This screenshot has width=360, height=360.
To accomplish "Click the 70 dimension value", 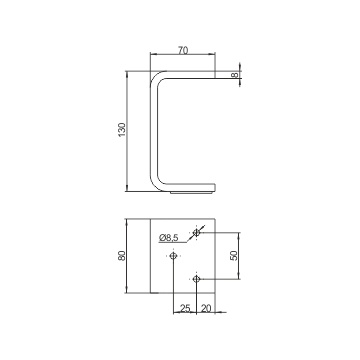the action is click(183, 50).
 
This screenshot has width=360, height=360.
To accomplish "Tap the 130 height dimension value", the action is click(122, 130).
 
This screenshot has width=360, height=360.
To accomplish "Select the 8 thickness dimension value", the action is click(235, 75).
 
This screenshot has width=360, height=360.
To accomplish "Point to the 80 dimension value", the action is click(122, 256).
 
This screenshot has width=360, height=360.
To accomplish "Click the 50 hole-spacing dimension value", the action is click(234, 255).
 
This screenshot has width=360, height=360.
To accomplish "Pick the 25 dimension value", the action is click(185, 308).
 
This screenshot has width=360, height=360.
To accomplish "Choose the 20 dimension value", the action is click(206, 308).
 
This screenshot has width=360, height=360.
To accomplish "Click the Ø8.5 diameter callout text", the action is click(169, 238).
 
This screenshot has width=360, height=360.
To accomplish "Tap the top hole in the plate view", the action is click(197, 232).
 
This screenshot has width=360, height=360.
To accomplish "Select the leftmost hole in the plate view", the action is click(173, 256).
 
